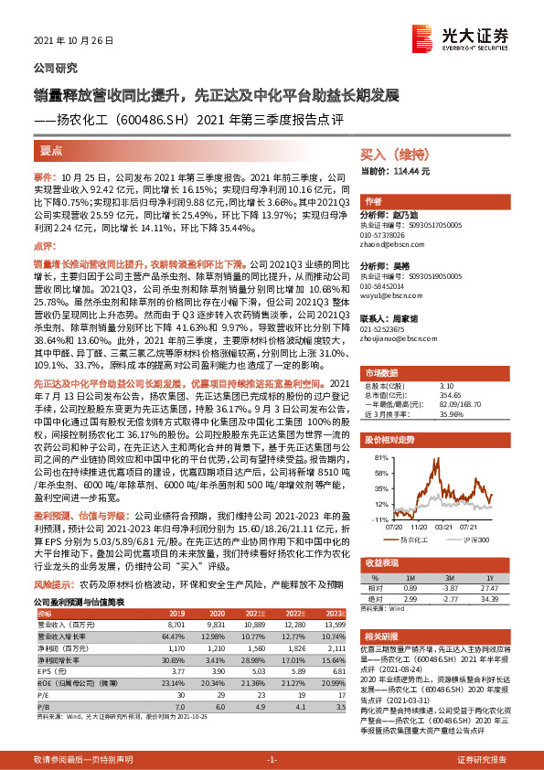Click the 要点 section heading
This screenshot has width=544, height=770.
51,150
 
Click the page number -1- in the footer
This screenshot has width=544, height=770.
272,760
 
